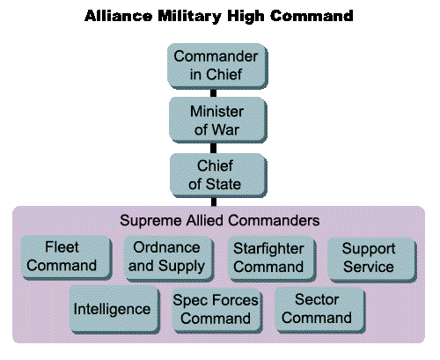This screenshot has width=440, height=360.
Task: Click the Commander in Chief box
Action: click(217, 66)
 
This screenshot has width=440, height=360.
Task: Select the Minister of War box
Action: click(217, 121)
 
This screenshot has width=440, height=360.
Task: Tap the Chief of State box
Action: click(218, 175)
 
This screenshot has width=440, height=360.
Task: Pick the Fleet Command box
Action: click(67, 258)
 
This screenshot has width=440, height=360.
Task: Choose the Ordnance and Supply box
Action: click(169, 259)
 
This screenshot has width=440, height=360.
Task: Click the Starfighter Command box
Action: click(271, 259)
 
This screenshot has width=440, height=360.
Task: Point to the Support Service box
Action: click(372, 260)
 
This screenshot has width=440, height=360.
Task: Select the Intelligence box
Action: click(114, 310)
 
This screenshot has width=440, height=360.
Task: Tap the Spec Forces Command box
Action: click(217, 311)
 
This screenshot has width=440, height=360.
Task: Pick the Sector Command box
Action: click(320, 310)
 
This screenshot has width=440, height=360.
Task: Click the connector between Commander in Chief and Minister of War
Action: click(214, 93)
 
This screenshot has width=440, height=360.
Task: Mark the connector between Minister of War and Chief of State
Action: click(214, 148)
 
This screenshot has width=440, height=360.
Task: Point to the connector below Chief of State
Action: click(214, 202)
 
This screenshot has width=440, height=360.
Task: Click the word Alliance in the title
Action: click(119, 16)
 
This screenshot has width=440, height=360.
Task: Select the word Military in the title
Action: click(189, 17)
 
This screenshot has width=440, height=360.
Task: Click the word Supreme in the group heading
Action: click(150, 221)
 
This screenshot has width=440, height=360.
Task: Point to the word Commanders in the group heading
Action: click(274, 220)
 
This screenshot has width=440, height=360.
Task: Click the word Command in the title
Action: click(312, 16)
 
